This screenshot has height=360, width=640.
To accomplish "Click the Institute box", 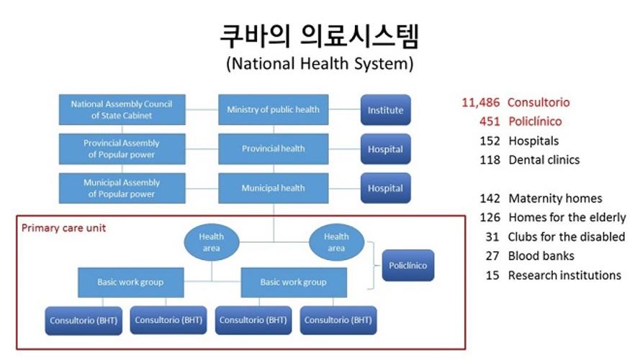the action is click(386, 109).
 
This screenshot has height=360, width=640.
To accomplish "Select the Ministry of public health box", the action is click(274, 109).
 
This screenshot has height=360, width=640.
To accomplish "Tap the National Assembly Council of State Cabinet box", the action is click(122, 109).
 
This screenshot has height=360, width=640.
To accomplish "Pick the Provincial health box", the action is click(274, 148).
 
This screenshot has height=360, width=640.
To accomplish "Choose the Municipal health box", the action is click(274, 188).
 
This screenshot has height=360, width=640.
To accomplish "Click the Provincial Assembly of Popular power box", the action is click(122, 148).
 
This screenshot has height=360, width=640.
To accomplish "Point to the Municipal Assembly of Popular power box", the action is click(122, 188).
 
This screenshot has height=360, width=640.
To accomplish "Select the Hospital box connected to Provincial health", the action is click(386, 149).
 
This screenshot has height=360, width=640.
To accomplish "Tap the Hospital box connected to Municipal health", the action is click(386, 188).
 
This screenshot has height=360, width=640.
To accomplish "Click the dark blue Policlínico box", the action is click(408, 265).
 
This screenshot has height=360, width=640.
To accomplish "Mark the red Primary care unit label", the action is click(63, 228).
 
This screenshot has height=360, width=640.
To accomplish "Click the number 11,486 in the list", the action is click(480, 102).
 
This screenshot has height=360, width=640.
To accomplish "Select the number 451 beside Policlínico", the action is click(490, 121).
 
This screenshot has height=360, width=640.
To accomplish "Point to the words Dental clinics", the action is click(544, 160).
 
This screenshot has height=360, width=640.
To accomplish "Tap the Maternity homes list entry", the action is click(541, 199).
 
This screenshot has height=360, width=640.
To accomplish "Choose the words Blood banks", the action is click(541, 256).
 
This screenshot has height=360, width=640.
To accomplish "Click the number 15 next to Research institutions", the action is click(492, 276).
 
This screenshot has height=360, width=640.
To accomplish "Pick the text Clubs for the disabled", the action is click(567, 237).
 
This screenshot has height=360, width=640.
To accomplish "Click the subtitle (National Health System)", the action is click(320, 63).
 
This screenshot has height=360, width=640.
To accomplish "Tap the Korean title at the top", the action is click(320, 36).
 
